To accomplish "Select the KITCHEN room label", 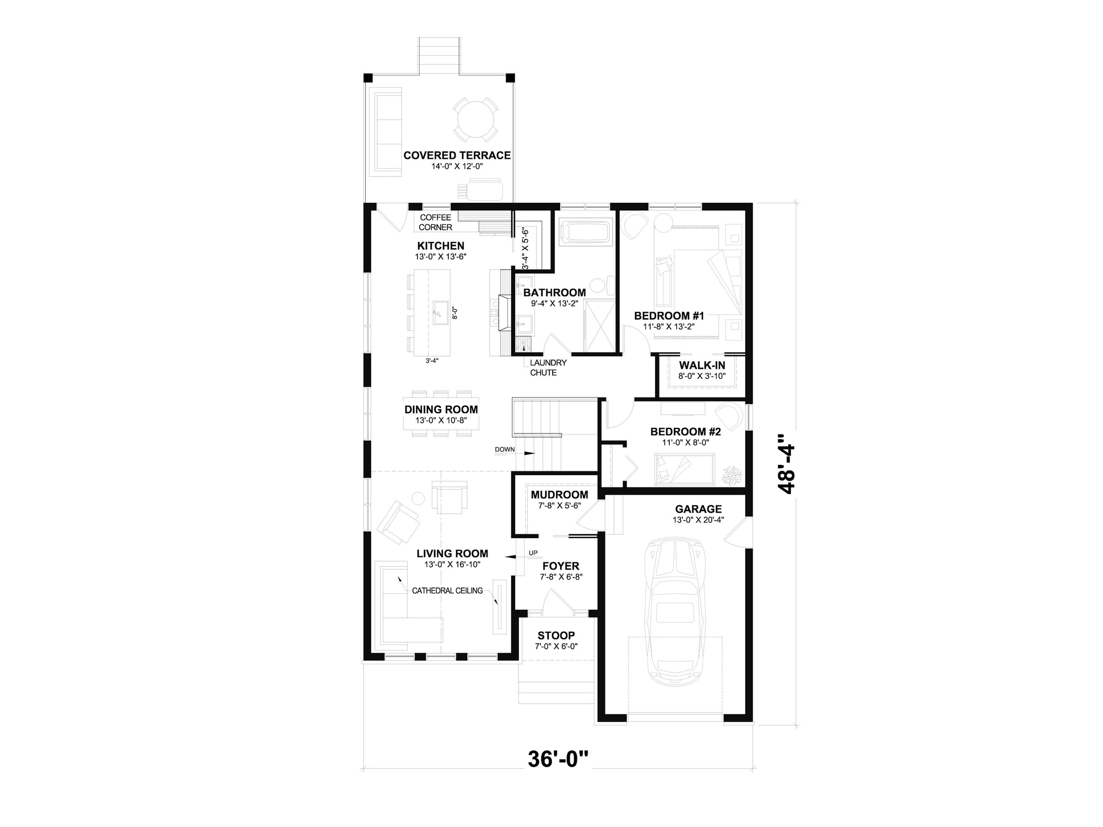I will (x=440, y=246).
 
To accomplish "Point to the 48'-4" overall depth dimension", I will (x=785, y=464).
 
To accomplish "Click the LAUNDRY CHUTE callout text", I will (x=547, y=368).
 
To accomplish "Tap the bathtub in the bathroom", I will (x=585, y=232).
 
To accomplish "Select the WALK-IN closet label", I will (x=702, y=366).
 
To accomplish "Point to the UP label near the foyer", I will (x=533, y=552).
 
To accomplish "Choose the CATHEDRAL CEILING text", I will (x=447, y=590).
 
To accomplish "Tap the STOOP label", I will (x=556, y=636).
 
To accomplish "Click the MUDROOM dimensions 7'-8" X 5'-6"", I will (x=559, y=505).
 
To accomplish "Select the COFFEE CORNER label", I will (x=435, y=222).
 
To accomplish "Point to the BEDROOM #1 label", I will (x=669, y=316).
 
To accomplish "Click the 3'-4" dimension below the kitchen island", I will (x=432, y=361).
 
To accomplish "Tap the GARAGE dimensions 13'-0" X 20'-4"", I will (x=698, y=520).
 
